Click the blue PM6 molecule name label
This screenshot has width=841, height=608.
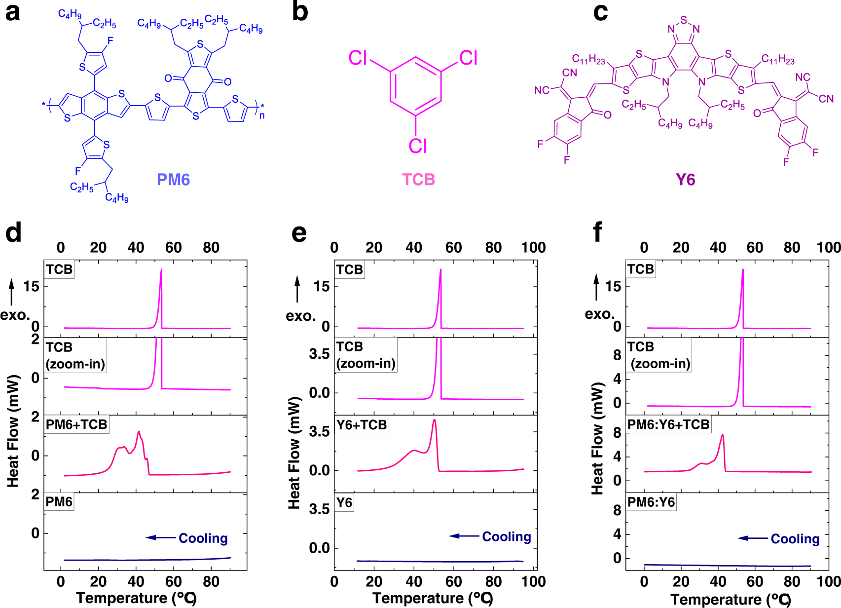click(x=173, y=180)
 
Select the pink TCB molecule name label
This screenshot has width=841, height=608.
click(x=418, y=180)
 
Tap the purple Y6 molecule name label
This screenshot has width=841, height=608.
click(x=685, y=180)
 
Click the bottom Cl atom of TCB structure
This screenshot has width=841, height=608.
click(x=417, y=146)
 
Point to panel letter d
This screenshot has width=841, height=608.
click(x=13, y=232)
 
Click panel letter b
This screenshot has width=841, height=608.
click(x=300, y=12)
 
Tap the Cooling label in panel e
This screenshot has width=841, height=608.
click(x=506, y=536)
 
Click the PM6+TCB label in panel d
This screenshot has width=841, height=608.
click(x=76, y=424)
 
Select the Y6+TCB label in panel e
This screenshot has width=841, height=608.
click(x=362, y=425)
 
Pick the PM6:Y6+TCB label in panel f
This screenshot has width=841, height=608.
click(x=668, y=424)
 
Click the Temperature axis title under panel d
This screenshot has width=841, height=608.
click(x=137, y=598)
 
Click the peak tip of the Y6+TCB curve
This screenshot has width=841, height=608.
click(x=434, y=420)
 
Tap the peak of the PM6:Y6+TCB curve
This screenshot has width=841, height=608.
click(x=722, y=435)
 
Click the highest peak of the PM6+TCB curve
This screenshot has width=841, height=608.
click(x=139, y=432)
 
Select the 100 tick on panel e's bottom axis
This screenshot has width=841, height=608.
click(x=534, y=581)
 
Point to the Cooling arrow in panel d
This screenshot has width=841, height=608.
click(x=161, y=537)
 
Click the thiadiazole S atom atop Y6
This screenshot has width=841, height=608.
click(x=683, y=20)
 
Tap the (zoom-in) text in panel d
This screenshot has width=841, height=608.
click(x=75, y=364)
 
